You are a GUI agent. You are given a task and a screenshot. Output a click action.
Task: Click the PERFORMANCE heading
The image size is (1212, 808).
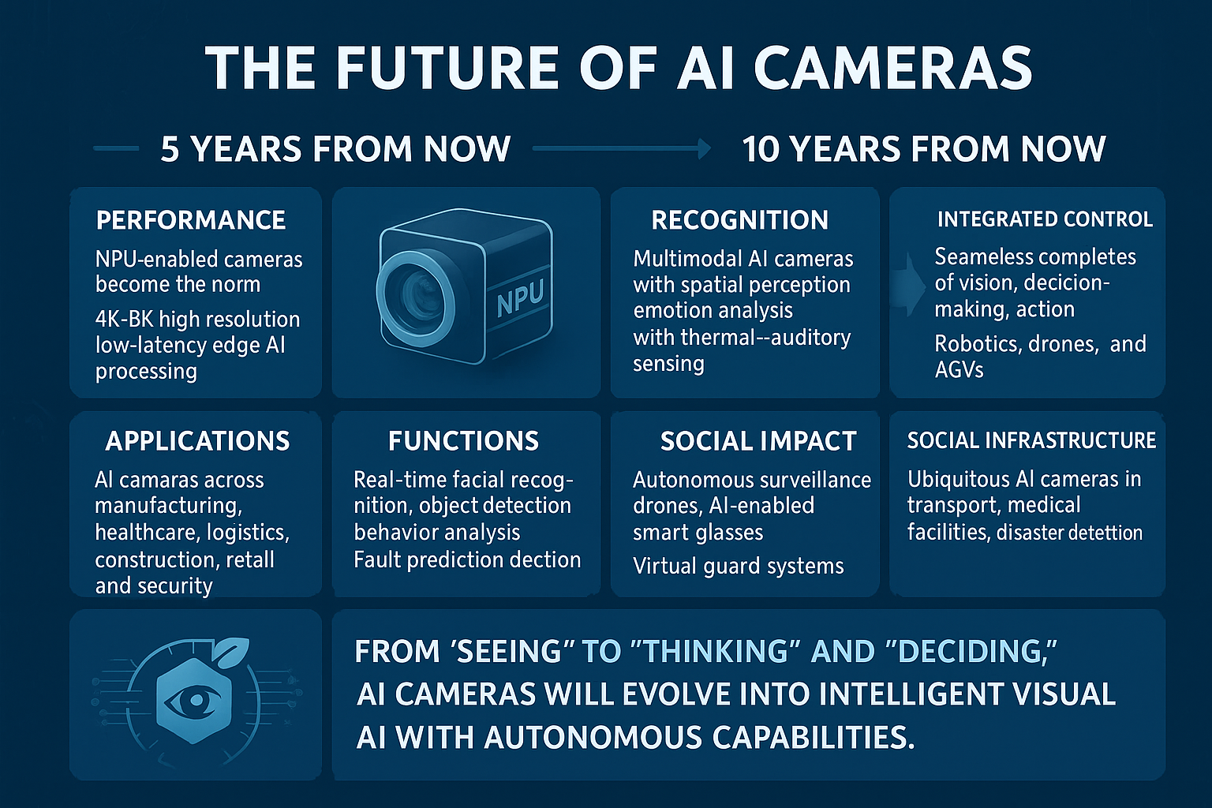190,220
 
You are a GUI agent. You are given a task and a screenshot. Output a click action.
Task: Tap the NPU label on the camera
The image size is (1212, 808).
520,299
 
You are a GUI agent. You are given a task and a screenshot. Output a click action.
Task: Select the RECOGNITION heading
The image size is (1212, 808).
739,220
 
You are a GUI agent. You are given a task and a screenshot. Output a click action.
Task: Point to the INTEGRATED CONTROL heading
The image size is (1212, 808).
1045,219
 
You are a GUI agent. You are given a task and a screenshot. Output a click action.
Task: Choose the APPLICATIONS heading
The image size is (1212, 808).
197,441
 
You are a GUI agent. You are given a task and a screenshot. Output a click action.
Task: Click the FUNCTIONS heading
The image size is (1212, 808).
463,441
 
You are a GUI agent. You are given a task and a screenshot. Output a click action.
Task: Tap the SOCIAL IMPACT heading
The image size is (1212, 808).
758,441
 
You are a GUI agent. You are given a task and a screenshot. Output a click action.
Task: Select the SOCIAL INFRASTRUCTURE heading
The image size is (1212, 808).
1031,440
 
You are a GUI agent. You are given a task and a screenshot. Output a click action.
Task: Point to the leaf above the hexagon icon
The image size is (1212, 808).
233,649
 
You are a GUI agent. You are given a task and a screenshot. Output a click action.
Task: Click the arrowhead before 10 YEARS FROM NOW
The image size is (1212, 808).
705,148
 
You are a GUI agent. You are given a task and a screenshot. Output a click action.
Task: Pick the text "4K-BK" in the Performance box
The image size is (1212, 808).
122,320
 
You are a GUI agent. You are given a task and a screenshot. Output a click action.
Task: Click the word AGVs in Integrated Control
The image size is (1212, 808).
959,370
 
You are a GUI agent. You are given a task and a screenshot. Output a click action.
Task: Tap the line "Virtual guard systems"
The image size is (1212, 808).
738,567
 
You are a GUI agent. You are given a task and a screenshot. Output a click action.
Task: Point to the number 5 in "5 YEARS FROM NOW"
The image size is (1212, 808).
170,149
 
